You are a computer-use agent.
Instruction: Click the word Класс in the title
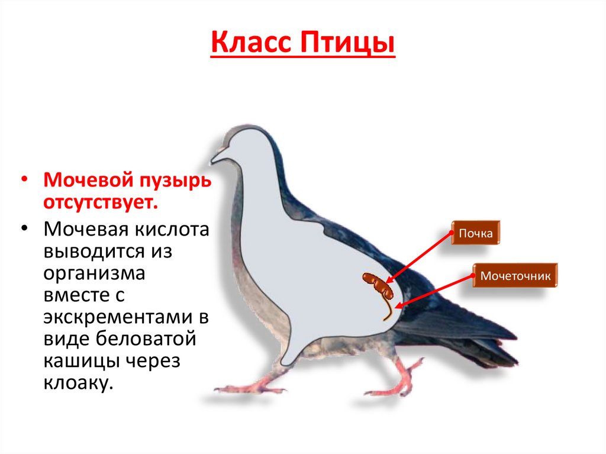pyautogui.click(x=252, y=45)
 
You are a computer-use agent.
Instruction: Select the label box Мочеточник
pyautogui.click(x=515, y=276)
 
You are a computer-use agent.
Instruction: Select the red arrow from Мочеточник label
pyautogui.click(x=435, y=291)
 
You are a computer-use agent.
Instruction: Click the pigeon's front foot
pyautogui.click(x=249, y=388)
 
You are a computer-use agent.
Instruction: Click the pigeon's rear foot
pyautogui.click(x=391, y=388)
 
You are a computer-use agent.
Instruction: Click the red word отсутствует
pyautogui.click(x=99, y=202)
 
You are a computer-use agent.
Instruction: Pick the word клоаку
pyautogui.click(x=77, y=383)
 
